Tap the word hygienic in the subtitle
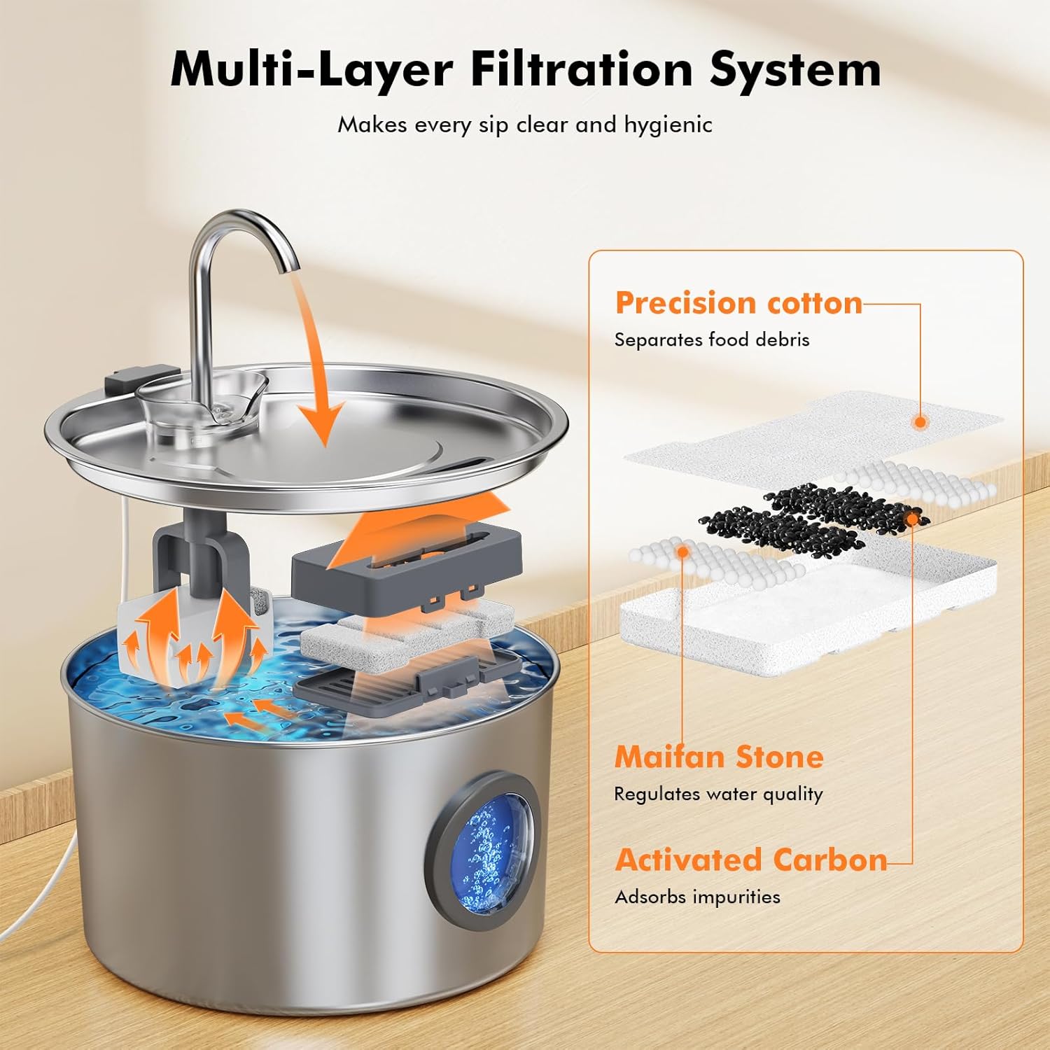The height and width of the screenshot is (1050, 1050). (x=668, y=125)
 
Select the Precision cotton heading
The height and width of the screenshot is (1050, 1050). (x=738, y=303)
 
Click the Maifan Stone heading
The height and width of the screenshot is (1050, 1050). (x=719, y=757)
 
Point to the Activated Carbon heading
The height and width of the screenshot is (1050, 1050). (x=751, y=860)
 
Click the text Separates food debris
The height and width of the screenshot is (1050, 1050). (x=711, y=339)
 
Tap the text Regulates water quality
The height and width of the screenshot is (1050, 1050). (x=718, y=794)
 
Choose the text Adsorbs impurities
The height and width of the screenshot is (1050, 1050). (x=697, y=897)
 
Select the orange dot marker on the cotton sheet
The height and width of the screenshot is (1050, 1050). (x=920, y=421)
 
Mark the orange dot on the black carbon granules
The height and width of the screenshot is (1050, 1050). (x=911, y=518)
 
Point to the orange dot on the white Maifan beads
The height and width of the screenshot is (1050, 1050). (x=682, y=552)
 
